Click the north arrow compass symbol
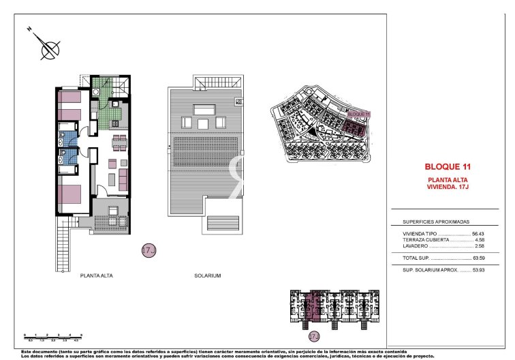[48, 48]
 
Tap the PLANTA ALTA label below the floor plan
[97, 275]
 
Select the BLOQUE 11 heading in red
[448, 166]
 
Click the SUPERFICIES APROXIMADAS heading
[427, 222]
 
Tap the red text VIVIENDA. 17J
[448, 185]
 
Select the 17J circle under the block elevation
[314, 337]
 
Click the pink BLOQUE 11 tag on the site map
[358, 115]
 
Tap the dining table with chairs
[119, 142]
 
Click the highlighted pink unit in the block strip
[315, 307]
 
